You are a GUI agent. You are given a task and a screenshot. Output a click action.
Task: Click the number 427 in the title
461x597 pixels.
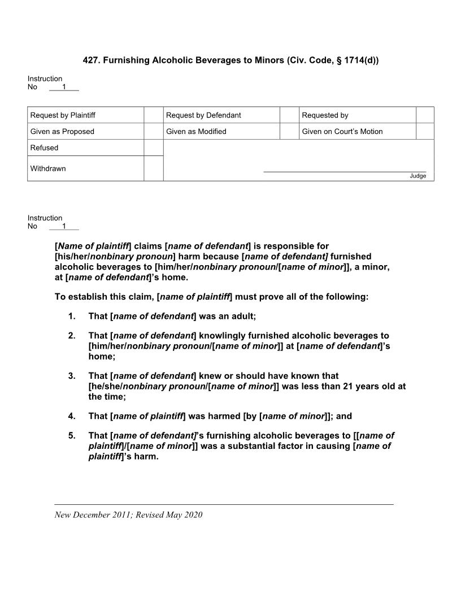coord(90,59)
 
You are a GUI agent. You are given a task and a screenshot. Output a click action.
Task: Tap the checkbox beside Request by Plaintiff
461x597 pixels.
coord(153,115)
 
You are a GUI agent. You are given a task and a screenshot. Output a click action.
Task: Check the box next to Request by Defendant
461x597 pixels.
coord(289,115)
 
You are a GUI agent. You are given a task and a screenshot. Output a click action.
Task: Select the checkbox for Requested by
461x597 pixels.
coord(424,115)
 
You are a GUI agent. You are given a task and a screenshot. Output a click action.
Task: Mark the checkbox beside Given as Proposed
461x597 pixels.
coord(153,132)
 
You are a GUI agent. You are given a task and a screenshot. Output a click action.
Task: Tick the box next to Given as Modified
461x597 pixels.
coord(289,132)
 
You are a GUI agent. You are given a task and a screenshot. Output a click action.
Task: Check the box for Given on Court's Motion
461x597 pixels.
coord(424,132)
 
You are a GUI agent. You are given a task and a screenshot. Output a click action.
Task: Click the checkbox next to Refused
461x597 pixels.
coord(153,148)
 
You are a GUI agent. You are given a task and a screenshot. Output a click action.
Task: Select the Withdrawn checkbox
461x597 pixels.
coord(153,168)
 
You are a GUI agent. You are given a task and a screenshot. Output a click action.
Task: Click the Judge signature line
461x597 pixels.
coord(345,171)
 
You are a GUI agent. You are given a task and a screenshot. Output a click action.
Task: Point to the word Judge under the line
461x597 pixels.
coord(418,176)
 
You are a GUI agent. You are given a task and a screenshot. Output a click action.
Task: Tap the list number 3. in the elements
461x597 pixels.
coord(72,376)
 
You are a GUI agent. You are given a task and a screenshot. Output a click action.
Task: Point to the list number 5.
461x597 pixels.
coord(72,435)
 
